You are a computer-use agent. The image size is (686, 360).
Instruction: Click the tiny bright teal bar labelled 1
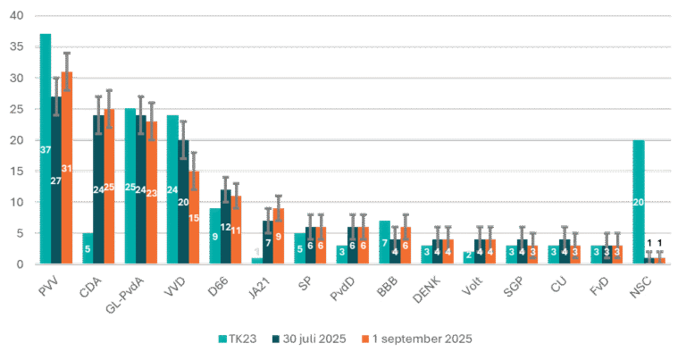[x=257, y=260]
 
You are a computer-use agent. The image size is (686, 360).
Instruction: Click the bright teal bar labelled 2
[x=469, y=257]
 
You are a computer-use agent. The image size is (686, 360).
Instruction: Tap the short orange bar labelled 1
[x=660, y=260]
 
